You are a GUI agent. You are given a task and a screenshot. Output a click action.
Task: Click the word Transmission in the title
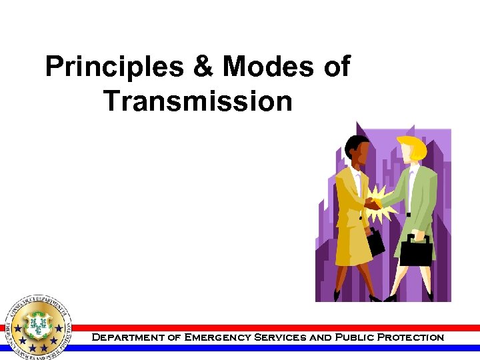pyautogui.click(x=198, y=101)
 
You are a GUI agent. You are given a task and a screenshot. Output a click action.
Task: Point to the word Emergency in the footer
pyautogui.click(x=213, y=337)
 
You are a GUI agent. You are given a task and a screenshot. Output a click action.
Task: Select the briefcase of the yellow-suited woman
pyautogui.click(x=375, y=241)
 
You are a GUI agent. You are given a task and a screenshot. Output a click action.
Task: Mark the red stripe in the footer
pyautogui.click(x=280, y=328)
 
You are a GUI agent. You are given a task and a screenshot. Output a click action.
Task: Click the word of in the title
pyautogui.click(x=335, y=68)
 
